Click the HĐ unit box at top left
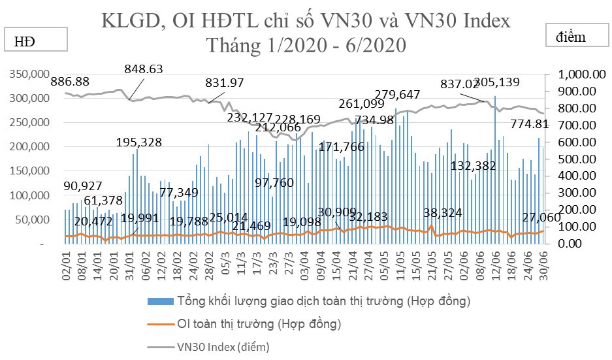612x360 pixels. click(x=37, y=40)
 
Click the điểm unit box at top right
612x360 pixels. click(x=575, y=37)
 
